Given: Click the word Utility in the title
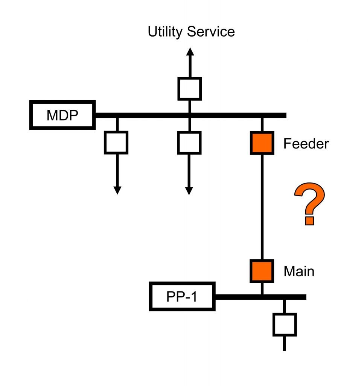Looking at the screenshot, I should [x=166, y=32].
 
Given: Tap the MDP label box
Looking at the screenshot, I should [x=62, y=115].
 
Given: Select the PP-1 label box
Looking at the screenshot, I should [x=182, y=297].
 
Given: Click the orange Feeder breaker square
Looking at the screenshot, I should [x=262, y=143].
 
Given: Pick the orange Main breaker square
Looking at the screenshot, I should [x=262, y=271].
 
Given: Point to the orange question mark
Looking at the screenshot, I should [x=309, y=204].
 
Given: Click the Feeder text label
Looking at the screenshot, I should [x=306, y=144].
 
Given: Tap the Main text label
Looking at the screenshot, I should [x=299, y=271].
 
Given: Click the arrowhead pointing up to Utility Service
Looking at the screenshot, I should [x=190, y=52].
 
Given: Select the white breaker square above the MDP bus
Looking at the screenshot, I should [x=190, y=89].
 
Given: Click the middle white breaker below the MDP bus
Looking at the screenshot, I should [x=189, y=142].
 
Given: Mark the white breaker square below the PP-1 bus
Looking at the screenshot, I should [x=284, y=324].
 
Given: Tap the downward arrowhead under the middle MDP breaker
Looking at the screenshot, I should [x=189, y=190].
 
